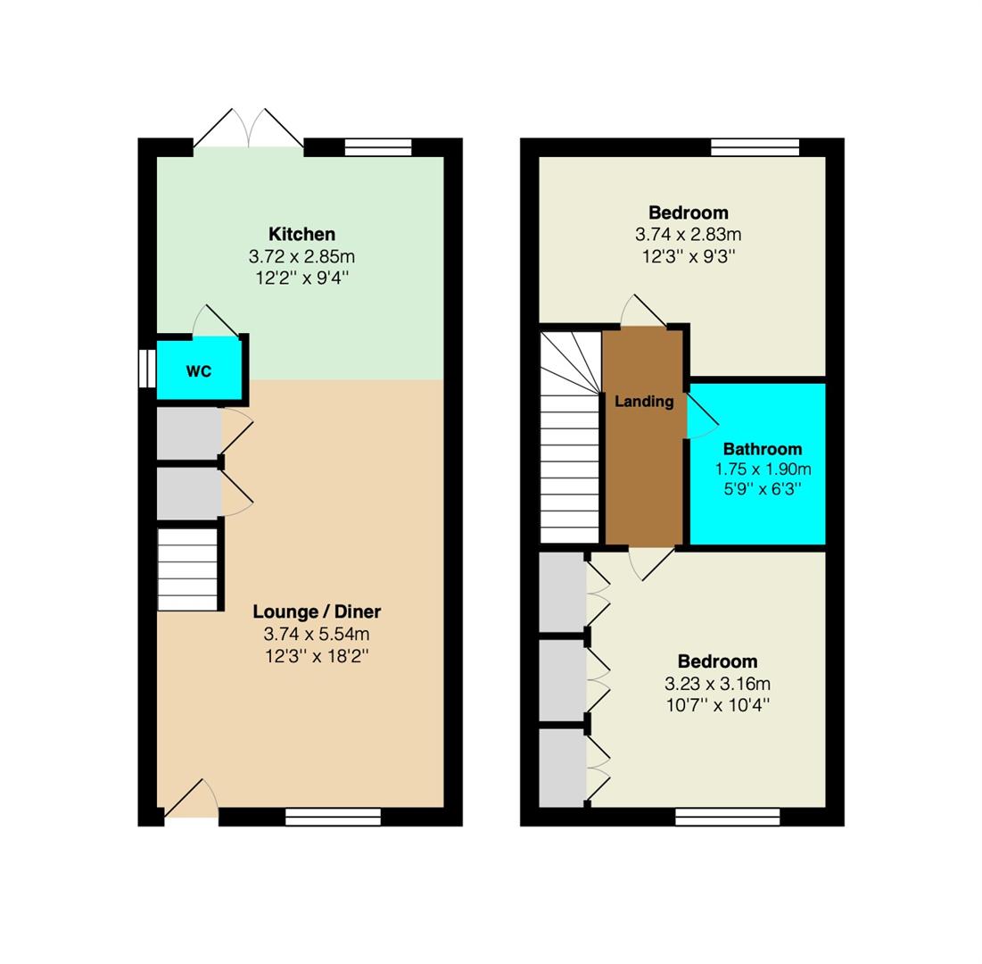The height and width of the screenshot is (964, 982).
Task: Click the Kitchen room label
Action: [301, 234]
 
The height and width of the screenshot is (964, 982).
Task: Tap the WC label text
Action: [199, 371]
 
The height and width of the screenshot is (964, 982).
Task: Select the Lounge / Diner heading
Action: [317, 611]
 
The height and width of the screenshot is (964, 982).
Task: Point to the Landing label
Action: [644, 401]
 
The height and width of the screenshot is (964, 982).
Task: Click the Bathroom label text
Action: [763, 449]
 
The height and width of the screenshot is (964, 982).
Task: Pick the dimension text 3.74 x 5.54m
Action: [317, 634]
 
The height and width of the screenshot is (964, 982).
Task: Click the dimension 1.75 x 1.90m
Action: [763, 469]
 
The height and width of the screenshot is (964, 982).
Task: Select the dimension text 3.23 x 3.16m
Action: [718, 683]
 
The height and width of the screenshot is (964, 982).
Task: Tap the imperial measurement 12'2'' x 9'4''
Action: [301, 278]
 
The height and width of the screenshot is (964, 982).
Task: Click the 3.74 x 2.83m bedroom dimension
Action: [689, 235]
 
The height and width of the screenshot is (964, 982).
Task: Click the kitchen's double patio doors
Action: [249, 129]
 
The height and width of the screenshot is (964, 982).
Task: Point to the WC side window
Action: [147, 368]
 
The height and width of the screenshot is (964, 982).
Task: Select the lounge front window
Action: [334, 817]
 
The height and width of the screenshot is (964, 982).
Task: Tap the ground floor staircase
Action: [187, 569]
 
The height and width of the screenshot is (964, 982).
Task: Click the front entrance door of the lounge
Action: [191, 799]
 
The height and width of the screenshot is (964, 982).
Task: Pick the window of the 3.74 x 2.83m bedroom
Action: [755, 147]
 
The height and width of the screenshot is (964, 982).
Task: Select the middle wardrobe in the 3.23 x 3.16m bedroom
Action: [563, 680]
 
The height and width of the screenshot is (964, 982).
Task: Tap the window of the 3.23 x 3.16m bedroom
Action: [728, 817]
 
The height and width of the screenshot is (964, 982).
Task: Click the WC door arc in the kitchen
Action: [215, 321]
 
